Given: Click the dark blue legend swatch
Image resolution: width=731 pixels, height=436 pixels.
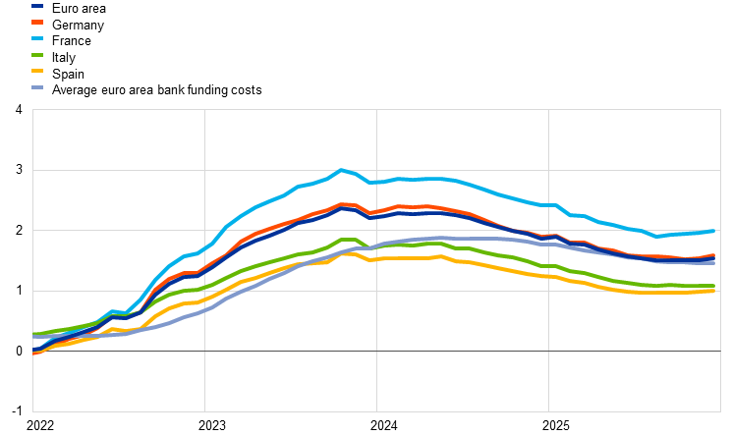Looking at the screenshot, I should [37, 6].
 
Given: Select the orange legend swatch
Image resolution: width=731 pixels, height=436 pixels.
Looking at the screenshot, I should [37, 22].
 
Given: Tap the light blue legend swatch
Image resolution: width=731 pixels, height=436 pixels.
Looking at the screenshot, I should [37, 38].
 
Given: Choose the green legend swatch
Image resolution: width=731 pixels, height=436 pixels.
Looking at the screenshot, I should [37, 55].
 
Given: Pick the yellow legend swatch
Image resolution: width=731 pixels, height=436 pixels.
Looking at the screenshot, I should [37, 71].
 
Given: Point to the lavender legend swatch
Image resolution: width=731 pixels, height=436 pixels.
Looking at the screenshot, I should [37, 87].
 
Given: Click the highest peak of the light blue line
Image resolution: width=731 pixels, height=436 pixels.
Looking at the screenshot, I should [342, 170].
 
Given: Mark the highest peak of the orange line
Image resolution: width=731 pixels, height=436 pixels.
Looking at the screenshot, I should [343, 204].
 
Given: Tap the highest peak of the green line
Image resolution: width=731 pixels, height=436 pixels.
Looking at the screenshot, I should [346, 239].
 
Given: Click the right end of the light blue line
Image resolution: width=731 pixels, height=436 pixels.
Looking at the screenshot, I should [714, 231].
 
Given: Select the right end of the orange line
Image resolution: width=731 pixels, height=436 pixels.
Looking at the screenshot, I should [714, 255].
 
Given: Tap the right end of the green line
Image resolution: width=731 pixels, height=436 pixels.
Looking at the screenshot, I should [714, 286].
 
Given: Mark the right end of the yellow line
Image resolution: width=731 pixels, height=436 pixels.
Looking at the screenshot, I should [714, 291].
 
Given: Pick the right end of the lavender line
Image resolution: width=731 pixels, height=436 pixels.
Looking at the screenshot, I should [714, 263].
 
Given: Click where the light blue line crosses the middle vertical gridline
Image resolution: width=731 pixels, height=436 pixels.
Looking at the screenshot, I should [376, 182].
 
